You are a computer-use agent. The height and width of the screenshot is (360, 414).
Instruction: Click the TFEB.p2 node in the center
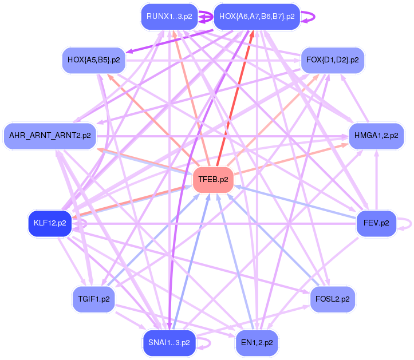coord(213,179)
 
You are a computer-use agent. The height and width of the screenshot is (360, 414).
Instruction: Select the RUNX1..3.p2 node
coord(169,17)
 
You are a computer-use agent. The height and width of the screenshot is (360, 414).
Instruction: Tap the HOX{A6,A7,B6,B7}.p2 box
coord(257,17)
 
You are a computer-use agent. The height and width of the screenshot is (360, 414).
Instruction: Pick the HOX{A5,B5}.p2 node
coord(93,60)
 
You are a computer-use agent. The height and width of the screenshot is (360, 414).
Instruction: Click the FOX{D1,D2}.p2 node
coord(333,60)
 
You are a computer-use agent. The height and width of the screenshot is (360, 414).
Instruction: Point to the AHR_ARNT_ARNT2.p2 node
coord(50,136)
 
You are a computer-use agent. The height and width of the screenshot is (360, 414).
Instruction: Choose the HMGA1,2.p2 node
coord(376,136)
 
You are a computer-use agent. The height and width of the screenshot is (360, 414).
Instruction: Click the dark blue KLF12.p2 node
coord(50,223)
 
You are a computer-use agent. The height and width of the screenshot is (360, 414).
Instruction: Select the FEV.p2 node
coord(376,223)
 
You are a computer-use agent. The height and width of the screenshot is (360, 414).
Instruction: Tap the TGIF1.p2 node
coord(94,299)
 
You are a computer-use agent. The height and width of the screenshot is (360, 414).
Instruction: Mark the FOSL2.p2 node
coord(333,299)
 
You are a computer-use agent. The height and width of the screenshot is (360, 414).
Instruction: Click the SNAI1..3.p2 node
coord(169,342)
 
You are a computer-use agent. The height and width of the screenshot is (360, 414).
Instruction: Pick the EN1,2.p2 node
coord(257,342)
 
